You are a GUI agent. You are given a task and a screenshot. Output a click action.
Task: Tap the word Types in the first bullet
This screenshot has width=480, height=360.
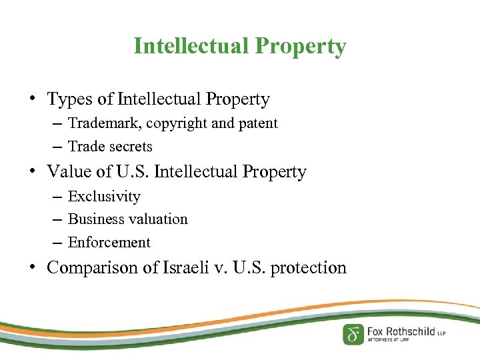point(71,100)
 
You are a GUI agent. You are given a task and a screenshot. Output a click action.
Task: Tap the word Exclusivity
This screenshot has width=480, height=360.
point(104,197)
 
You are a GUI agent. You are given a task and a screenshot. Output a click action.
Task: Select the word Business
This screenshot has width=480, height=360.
point(96,219)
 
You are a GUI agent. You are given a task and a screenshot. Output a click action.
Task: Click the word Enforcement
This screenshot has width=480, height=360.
point(109,243)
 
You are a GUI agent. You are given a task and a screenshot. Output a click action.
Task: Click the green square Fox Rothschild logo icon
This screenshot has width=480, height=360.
point(353,333)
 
